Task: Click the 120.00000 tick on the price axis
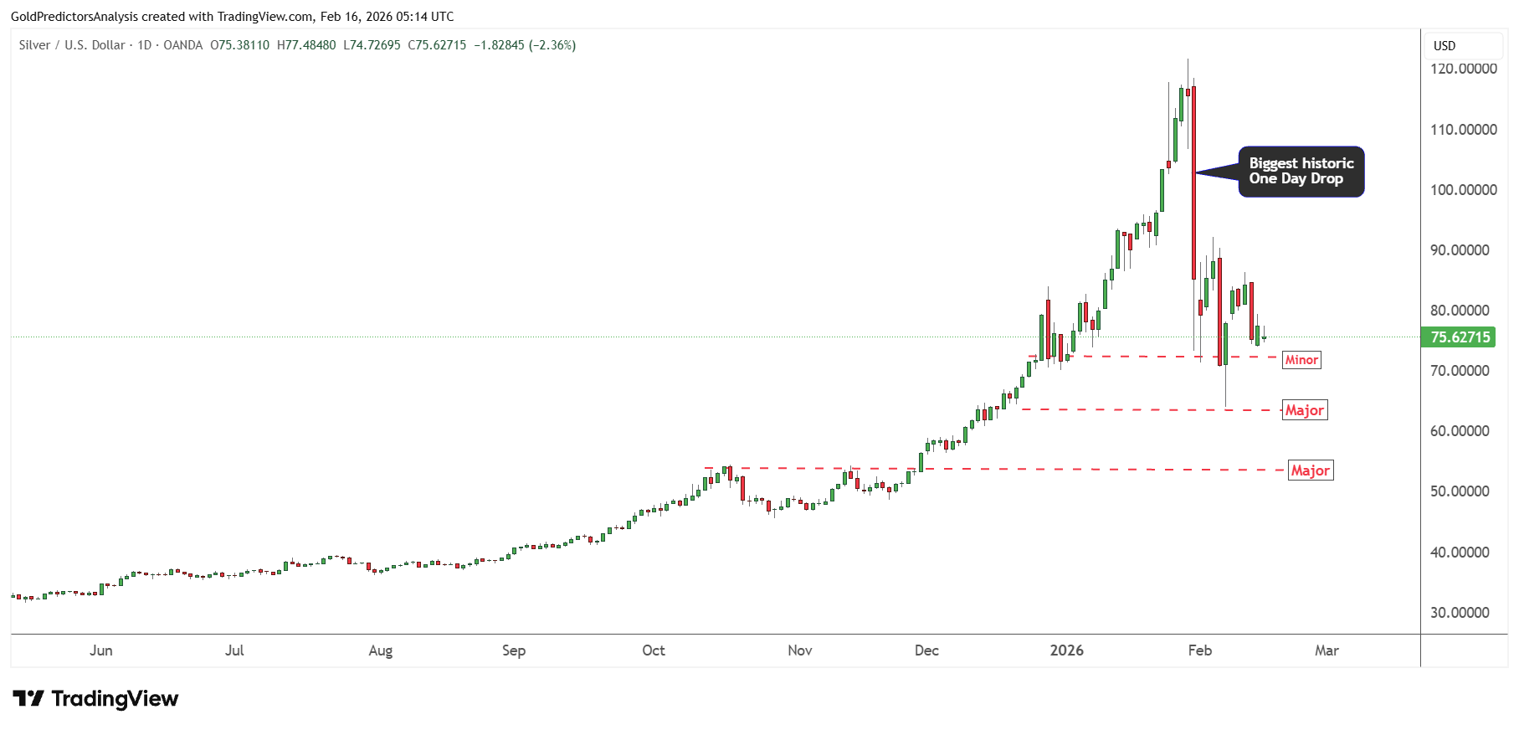[1463, 69]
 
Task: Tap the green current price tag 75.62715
[1460, 337]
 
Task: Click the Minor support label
[1301, 360]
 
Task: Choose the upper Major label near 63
[1304, 410]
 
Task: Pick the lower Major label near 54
[1310, 470]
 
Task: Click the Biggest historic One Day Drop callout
[1301, 172]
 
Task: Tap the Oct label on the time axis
[653, 650]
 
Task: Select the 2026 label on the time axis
[1066, 650]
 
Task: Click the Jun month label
[100, 650]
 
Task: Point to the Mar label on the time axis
[1327, 650]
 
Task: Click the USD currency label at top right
[1445, 46]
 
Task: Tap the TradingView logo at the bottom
[95, 698]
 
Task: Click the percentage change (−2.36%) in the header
[552, 45]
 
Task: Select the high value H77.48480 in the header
[306, 45]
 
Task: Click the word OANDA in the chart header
[182, 45]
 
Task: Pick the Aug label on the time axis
[380, 650]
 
